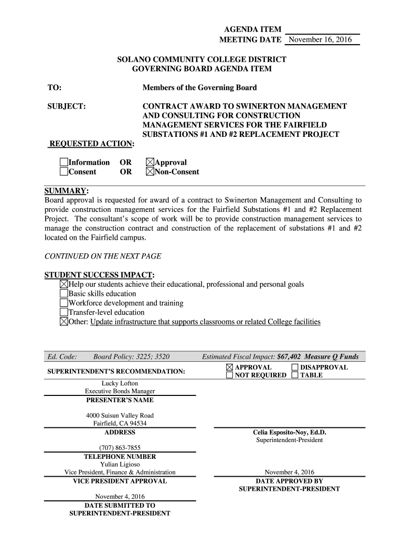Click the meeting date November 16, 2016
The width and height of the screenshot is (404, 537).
click(x=321, y=40)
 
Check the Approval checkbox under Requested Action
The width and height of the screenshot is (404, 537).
click(x=150, y=163)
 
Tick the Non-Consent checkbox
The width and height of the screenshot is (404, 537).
click(x=150, y=171)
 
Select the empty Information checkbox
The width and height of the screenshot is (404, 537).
click(x=64, y=163)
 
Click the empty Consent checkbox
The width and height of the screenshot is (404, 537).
click(x=64, y=171)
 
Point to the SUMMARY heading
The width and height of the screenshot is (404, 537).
click(x=66, y=191)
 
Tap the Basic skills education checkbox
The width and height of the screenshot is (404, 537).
click(x=64, y=294)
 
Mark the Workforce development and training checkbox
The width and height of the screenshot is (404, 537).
click(x=64, y=303)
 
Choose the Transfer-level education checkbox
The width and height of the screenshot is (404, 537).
click(x=64, y=313)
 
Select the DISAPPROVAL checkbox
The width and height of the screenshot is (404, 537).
click(x=295, y=367)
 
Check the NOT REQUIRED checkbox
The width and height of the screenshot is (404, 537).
click(x=230, y=375)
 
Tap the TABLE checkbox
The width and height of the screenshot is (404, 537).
click(x=295, y=375)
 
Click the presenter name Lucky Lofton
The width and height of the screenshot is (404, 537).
click(x=120, y=383)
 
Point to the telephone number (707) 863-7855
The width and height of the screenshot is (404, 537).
click(x=120, y=448)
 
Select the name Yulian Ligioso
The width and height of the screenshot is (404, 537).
click(x=120, y=464)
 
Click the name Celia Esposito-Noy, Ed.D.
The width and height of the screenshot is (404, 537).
click(x=289, y=433)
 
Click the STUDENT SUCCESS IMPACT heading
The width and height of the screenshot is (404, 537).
click(x=100, y=275)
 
